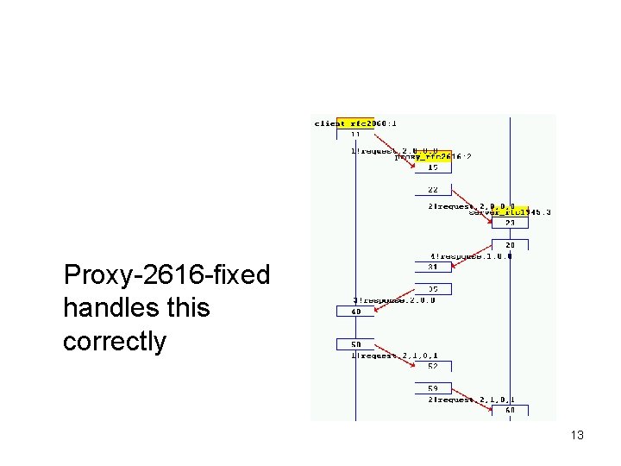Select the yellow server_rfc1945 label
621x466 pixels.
point(510,211)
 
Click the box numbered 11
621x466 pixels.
point(355,135)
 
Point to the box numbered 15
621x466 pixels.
point(433,167)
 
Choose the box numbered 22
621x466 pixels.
point(433,190)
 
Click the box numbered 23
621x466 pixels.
point(510,223)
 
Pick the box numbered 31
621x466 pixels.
point(433,266)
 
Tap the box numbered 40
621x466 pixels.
point(355,311)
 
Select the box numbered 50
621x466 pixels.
point(355,343)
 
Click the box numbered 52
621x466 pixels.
point(433,366)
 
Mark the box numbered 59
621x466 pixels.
point(433,388)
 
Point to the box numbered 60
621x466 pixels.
point(510,411)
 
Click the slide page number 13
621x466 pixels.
point(577,435)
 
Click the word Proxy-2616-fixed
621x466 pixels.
point(166,276)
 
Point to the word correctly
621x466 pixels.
point(114,341)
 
